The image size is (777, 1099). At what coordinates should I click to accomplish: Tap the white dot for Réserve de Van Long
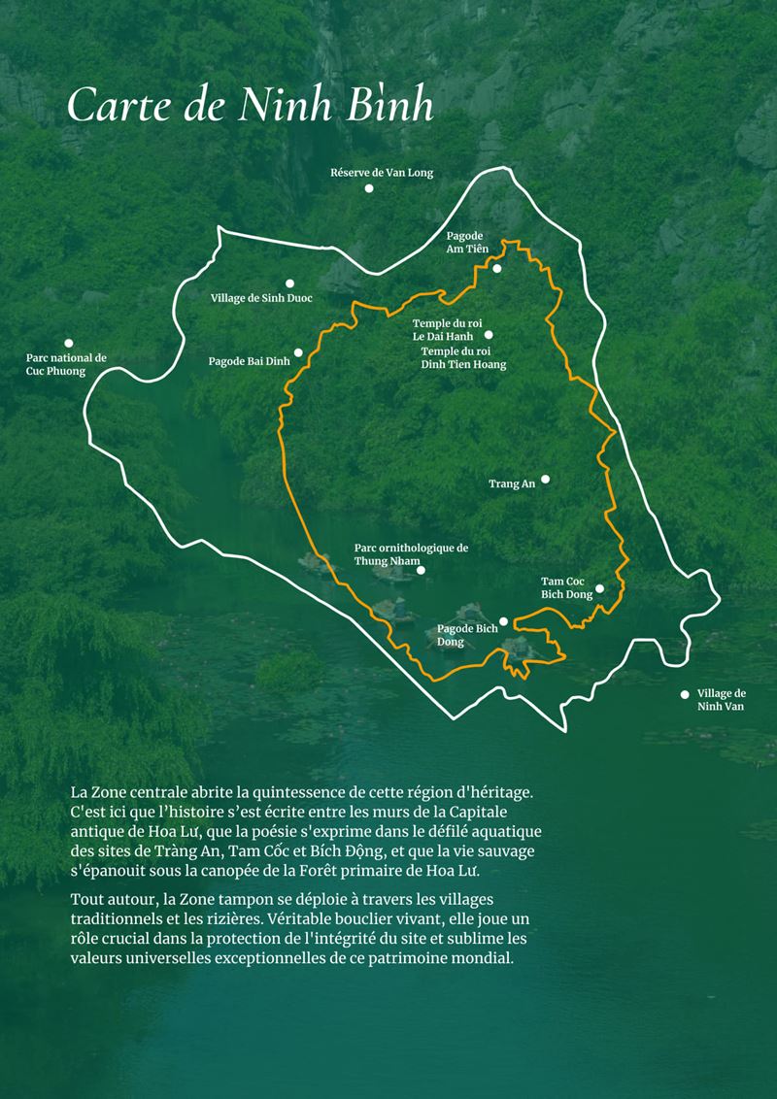[x=369, y=188]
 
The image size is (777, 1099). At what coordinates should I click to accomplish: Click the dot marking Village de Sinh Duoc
[x=289, y=283]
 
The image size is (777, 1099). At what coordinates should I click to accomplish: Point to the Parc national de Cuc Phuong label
[x=66, y=364]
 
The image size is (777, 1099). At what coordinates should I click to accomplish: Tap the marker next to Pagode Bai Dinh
[x=298, y=352]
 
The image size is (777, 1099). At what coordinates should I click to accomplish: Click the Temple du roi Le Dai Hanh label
[x=447, y=329]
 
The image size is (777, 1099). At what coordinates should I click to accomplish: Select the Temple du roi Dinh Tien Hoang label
[x=463, y=357]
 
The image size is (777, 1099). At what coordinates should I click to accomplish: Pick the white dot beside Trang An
[x=545, y=479]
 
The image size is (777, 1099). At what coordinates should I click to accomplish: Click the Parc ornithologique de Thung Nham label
[x=411, y=553]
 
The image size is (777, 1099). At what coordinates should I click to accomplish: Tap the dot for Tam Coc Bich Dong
[x=599, y=588]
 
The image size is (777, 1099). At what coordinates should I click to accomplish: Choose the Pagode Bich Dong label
[x=466, y=635]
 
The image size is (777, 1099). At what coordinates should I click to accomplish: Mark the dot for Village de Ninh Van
[x=685, y=694]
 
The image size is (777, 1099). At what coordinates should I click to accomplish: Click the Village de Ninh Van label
[x=722, y=700]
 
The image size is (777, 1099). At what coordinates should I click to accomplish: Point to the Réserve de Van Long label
[x=382, y=173]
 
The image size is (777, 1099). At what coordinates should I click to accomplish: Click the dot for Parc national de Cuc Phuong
[x=69, y=343]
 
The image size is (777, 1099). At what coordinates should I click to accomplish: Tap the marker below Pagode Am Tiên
[x=496, y=269]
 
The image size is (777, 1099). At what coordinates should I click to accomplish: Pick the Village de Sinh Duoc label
[x=261, y=298]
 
